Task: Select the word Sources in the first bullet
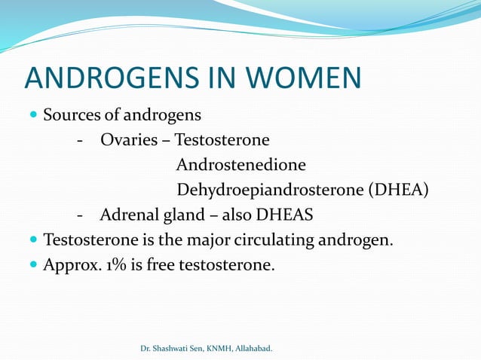pos(70,116)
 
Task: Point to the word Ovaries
pos(129,140)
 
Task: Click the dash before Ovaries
pos(79,141)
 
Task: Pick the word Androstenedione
pos(241,164)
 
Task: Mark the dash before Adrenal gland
pos(79,215)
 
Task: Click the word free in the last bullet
pos(161,264)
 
